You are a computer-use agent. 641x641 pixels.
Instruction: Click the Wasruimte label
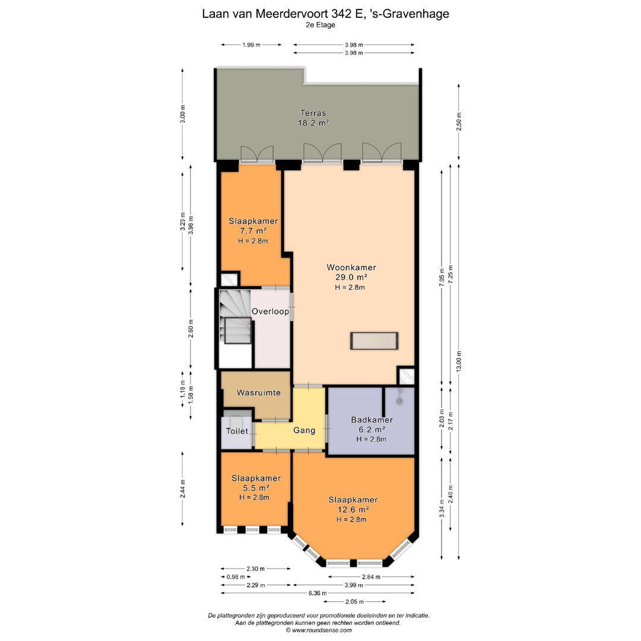[x=259, y=393]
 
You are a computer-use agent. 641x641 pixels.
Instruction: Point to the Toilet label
[x=237, y=431]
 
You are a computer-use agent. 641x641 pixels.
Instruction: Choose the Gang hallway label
[x=304, y=430]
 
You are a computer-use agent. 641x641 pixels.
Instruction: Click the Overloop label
[x=270, y=311]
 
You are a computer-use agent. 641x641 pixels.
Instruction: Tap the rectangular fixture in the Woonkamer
[x=374, y=341]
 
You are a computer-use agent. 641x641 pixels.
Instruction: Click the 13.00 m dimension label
[x=458, y=361]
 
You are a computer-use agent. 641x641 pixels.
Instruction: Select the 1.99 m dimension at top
[x=252, y=45]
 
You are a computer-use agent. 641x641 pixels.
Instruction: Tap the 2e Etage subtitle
[x=321, y=25]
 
